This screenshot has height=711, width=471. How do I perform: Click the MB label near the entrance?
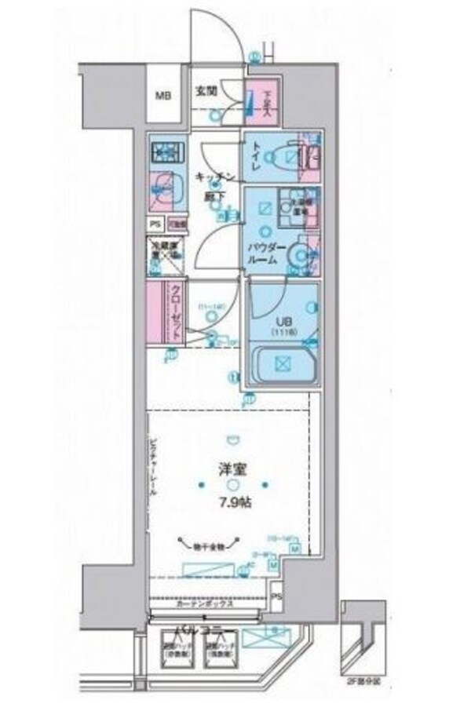point(162,97)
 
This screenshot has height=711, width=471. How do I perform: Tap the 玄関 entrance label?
point(206,89)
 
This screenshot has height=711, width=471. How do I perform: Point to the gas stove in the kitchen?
point(166,148)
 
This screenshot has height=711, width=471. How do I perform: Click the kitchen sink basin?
point(165,186)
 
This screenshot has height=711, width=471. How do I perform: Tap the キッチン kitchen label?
point(213,178)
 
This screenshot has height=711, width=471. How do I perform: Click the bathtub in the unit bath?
point(281,363)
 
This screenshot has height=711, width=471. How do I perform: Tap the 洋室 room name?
point(232,470)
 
